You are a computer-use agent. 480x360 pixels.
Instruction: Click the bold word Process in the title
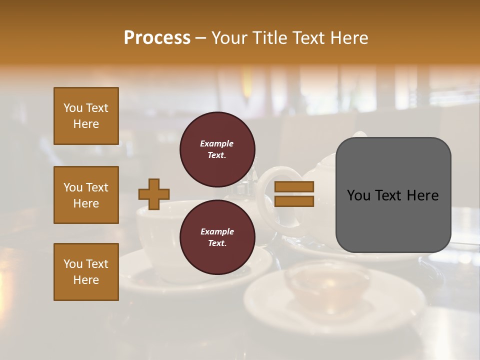coord(157,38)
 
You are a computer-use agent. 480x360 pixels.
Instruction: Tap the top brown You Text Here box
coord(86,116)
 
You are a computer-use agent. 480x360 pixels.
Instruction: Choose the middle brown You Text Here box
coord(86,195)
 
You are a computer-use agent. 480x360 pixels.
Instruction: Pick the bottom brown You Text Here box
coord(86,272)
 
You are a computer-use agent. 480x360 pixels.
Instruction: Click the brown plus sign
coord(154,194)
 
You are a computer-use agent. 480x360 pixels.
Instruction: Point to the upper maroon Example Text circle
coord(217,149)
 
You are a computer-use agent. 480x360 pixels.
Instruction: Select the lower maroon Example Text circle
coord(217,237)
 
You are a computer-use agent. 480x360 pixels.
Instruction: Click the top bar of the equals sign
coord(294,187)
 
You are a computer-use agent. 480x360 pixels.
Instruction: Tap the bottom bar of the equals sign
coord(294,201)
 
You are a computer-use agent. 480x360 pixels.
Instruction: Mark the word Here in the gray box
coord(422,195)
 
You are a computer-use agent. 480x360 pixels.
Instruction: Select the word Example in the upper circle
coord(217,143)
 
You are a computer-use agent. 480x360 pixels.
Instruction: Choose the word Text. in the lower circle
coord(217,243)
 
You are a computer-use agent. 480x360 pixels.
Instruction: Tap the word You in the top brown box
coord(72,108)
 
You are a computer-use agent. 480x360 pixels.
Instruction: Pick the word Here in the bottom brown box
coord(86,280)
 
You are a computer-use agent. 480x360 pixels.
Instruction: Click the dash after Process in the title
coord(201,38)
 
